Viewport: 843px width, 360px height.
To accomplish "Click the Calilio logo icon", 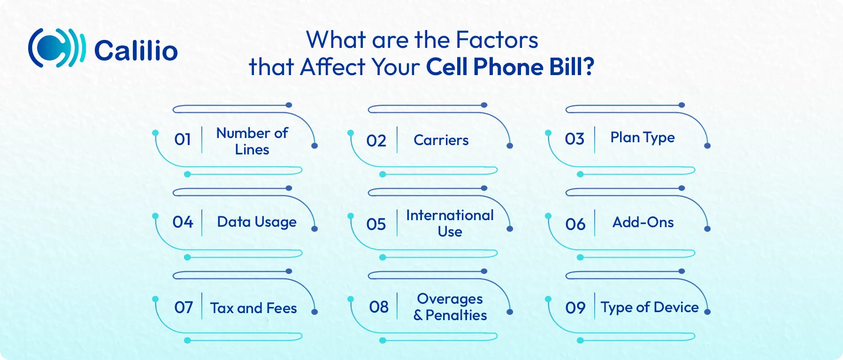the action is (x=57, y=48).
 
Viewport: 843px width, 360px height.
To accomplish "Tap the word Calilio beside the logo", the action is (x=136, y=51).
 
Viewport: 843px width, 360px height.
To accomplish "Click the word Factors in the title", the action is (x=497, y=40).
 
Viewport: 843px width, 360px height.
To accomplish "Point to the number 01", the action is (x=183, y=139).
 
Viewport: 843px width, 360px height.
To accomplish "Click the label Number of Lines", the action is (x=252, y=141).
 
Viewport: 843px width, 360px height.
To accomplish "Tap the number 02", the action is (x=376, y=141).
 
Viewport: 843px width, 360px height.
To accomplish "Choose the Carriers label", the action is (x=441, y=140).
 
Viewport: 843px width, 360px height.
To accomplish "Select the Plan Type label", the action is (x=643, y=138).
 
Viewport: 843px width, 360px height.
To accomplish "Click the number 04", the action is (x=183, y=222).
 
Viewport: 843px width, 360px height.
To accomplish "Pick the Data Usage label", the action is (x=257, y=222).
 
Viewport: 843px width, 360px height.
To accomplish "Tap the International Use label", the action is (x=450, y=223).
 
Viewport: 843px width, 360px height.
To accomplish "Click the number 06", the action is (x=575, y=224).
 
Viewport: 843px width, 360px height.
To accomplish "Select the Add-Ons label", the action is (x=643, y=222).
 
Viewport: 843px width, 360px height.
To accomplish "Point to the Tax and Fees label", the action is (x=253, y=308).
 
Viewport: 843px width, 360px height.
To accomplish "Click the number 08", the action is (x=379, y=307).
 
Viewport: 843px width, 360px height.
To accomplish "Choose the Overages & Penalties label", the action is (x=450, y=307).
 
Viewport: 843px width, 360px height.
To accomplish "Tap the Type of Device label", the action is (x=650, y=307).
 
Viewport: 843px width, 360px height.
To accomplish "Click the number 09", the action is (x=575, y=308).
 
